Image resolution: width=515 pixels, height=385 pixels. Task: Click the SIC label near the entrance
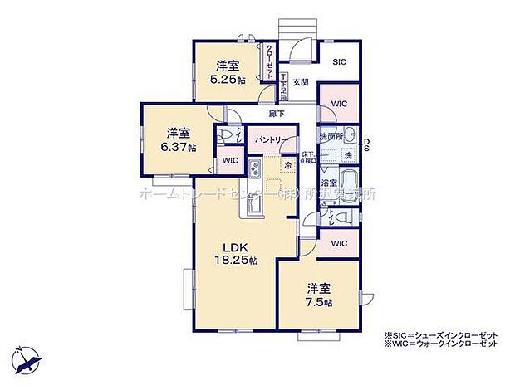point(340,61)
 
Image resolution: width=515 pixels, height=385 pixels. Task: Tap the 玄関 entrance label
point(300,83)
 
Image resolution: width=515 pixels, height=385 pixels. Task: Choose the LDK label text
point(236,246)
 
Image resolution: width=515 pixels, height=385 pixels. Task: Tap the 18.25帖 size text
point(236,261)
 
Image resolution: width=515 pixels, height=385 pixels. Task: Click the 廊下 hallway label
point(276,113)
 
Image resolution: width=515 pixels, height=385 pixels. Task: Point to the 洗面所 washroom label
point(331,135)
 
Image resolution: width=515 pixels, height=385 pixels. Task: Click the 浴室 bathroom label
point(330,182)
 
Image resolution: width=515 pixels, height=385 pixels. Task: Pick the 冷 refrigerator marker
point(287,165)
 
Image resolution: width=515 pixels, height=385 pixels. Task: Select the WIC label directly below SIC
point(340,104)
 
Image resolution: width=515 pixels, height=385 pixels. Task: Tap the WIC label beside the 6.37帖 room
point(230,159)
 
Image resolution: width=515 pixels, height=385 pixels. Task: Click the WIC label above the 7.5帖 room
point(339,244)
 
